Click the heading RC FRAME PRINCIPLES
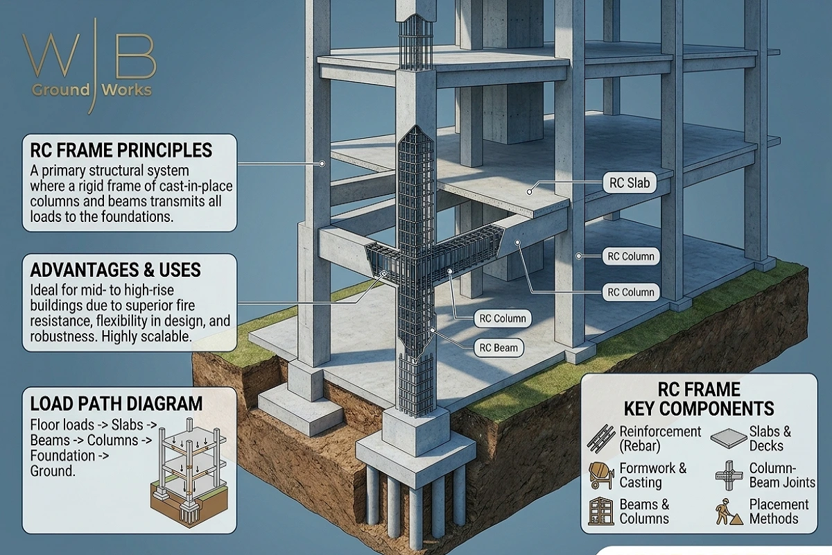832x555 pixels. (x=121, y=150)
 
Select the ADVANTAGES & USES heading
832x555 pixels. (x=116, y=270)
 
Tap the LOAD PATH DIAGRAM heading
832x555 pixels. (x=116, y=404)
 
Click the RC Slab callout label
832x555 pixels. (x=630, y=182)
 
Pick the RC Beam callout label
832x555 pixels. (x=499, y=348)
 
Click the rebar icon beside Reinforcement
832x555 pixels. (x=601, y=438)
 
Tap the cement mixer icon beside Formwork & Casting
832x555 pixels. (x=600, y=475)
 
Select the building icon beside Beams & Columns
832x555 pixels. (x=601, y=511)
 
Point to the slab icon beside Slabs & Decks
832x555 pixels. (x=729, y=438)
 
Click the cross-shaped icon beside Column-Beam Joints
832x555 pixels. (x=729, y=476)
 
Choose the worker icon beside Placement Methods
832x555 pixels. (x=729, y=512)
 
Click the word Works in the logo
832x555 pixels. (x=127, y=90)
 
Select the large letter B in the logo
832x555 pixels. (x=136, y=55)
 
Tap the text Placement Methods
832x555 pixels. (x=779, y=511)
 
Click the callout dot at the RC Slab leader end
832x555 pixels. (x=530, y=191)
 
